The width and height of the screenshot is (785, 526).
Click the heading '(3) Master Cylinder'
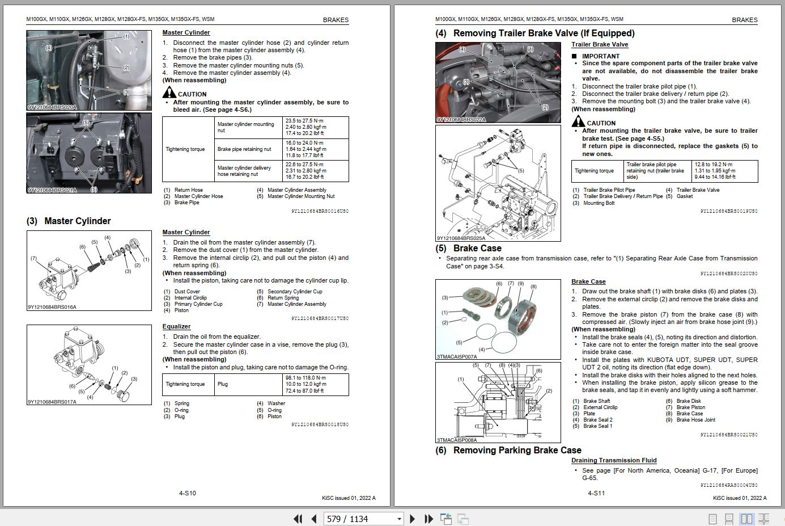point(69,221)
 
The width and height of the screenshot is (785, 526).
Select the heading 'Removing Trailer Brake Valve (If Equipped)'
point(544,33)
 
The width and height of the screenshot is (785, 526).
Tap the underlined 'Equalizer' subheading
point(176,327)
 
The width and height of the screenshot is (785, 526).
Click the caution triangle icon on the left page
point(169,93)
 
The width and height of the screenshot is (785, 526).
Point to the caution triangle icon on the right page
point(578,121)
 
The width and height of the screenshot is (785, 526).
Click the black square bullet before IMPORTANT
point(574,56)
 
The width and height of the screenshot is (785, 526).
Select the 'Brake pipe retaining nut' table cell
point(244,149)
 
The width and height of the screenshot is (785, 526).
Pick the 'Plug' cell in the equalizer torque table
point(223,384)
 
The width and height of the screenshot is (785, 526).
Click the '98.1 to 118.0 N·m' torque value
point(305,378)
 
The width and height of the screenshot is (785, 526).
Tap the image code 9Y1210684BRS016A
point(52,308)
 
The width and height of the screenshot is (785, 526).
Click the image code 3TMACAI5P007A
point(457,357)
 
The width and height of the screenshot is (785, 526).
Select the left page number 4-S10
point(187,493)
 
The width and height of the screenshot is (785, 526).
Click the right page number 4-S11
point(596,493)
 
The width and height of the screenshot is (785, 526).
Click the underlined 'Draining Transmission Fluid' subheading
point(614,461)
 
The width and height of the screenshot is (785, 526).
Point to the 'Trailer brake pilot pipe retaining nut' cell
point(655,171)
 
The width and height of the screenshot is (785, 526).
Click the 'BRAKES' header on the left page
point(336,20)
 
